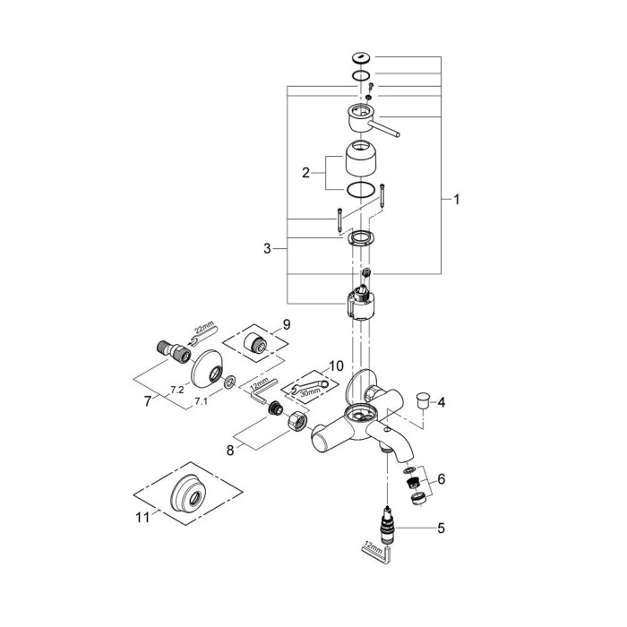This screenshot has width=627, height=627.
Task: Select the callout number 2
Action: (306, 173)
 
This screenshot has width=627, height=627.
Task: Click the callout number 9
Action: (287, 323)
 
